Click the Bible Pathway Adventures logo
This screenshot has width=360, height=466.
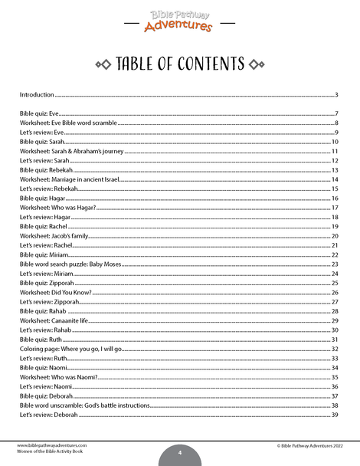coord(178,19)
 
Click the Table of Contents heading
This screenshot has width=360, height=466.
coord(179,64)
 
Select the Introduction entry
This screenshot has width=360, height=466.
coord(37,95)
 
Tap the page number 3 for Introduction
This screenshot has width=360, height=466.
coord(336,95)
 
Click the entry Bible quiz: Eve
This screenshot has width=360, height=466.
coord(39,113)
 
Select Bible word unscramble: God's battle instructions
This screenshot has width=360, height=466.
coord(84,405)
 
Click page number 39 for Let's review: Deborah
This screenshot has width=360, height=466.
coord(335,415)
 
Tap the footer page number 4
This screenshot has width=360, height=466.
coord(179,452)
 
